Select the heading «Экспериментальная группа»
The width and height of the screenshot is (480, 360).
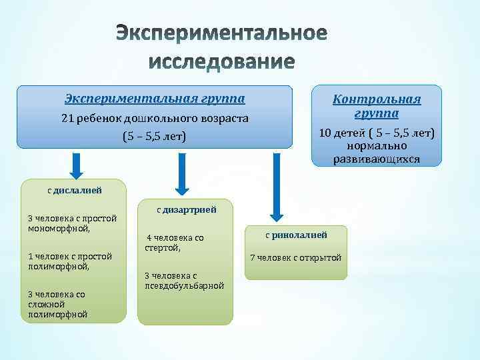pos(155,99)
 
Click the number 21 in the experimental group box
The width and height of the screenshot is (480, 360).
pos(67,119)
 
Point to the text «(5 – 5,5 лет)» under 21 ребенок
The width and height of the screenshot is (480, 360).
pos(154,137)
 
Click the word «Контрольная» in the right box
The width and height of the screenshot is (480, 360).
pos(377,99)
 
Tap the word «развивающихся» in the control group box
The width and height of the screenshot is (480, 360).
pos(377,159)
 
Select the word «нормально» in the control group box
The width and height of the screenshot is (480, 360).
pos(377,145)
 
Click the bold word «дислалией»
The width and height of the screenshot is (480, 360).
pos(78,190)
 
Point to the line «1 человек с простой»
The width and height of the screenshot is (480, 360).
pos(70,256)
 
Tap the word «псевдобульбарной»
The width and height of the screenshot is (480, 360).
pos(184,285)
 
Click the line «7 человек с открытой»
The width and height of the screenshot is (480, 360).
pos(295,258)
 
